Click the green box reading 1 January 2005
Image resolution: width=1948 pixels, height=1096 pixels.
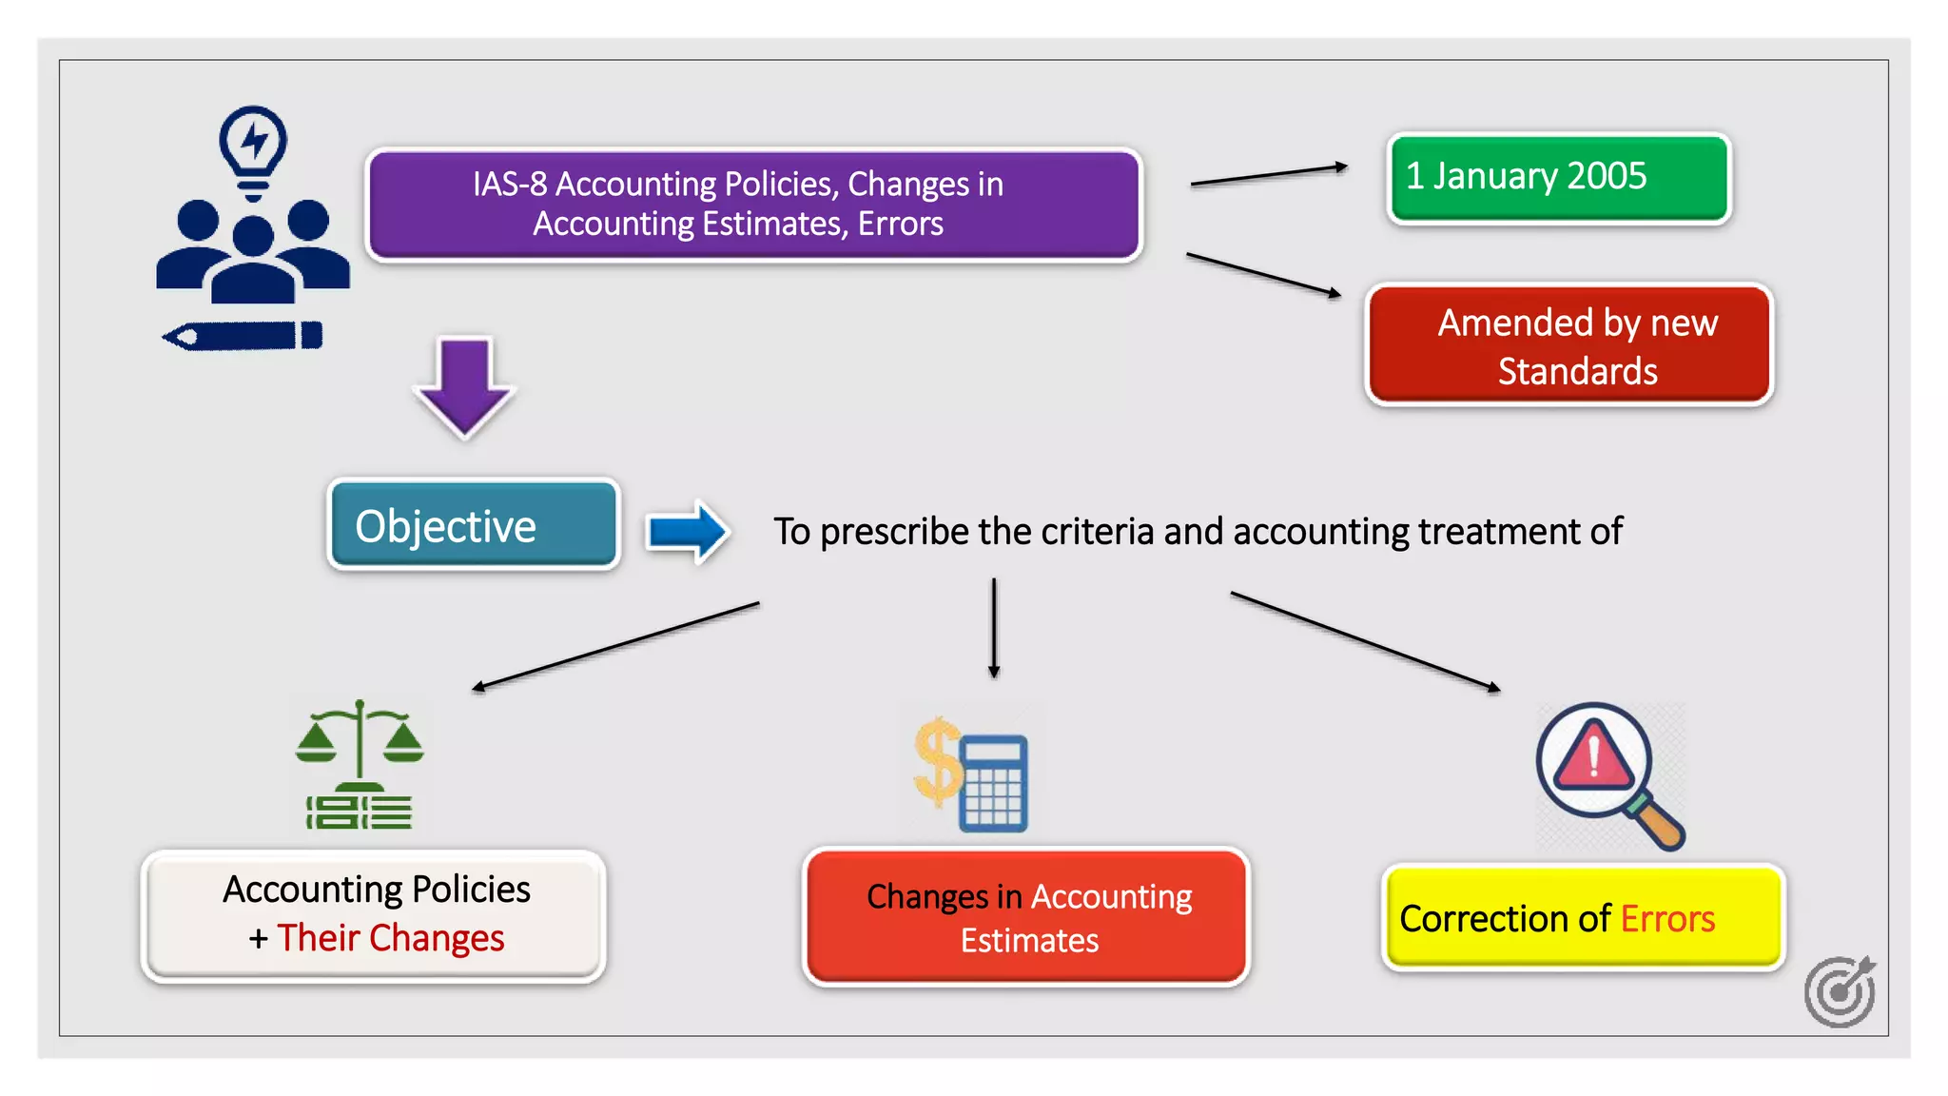tap(1558, 178)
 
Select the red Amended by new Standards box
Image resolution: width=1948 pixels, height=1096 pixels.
tap(1569, 345)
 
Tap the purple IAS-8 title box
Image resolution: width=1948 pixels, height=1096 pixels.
tap(754, 204)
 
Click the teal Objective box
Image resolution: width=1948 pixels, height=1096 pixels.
tap(474, 525)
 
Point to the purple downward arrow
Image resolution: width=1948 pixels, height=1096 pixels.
tap(464, 385)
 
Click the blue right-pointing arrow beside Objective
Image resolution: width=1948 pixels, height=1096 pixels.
tap(687, 531)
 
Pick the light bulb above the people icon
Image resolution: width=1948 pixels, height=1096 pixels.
tap(253, 147)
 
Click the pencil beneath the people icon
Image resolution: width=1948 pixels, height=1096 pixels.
tap(243, 336)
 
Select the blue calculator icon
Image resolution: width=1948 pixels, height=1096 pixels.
tap(993, 783)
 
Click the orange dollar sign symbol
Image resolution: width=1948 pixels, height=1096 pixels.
tap(937, 761)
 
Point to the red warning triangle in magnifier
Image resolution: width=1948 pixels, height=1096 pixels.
tap(1593, 756)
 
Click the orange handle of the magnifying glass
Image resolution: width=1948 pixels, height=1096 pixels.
tap(1659, 823)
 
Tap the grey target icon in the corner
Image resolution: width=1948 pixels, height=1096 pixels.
tap(1840, 991)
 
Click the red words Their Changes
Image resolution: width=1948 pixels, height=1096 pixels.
tap(390, 938)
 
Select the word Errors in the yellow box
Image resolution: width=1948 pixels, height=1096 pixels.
tap(1667, 919)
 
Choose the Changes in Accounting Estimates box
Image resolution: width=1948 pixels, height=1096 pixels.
tap(1026, 917)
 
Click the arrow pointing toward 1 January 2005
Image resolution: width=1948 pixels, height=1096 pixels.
tap(1268, 175)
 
